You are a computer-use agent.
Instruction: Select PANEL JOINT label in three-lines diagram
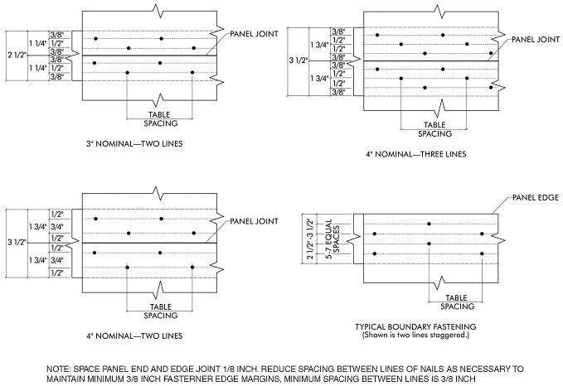click(536, 38)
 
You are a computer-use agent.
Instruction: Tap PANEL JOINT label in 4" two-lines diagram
click(252, 221)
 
